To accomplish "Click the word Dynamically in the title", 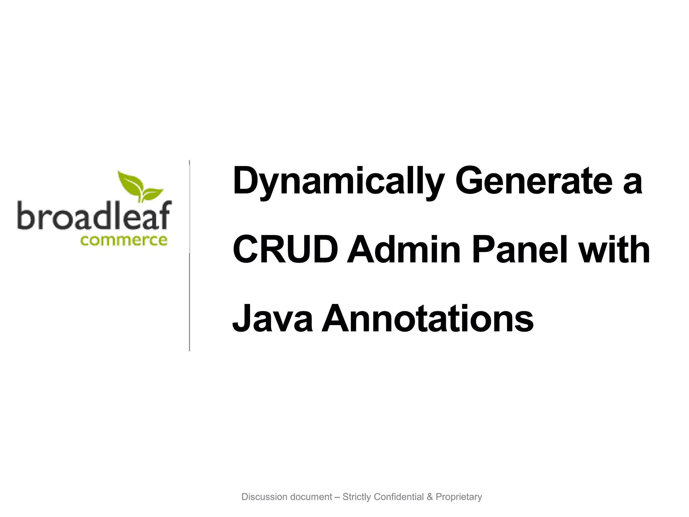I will (x=338, y=182).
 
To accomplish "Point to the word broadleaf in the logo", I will (x=94, y=215).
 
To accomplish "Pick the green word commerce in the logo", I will (x=124, y=240).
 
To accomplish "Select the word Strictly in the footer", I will (x=357, y=497).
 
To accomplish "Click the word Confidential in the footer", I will (x=399, y=497).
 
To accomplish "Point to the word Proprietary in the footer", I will (x=459, y=497).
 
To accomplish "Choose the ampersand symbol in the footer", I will (x=430, y=497).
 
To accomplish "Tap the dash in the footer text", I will (x=337, y=497).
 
